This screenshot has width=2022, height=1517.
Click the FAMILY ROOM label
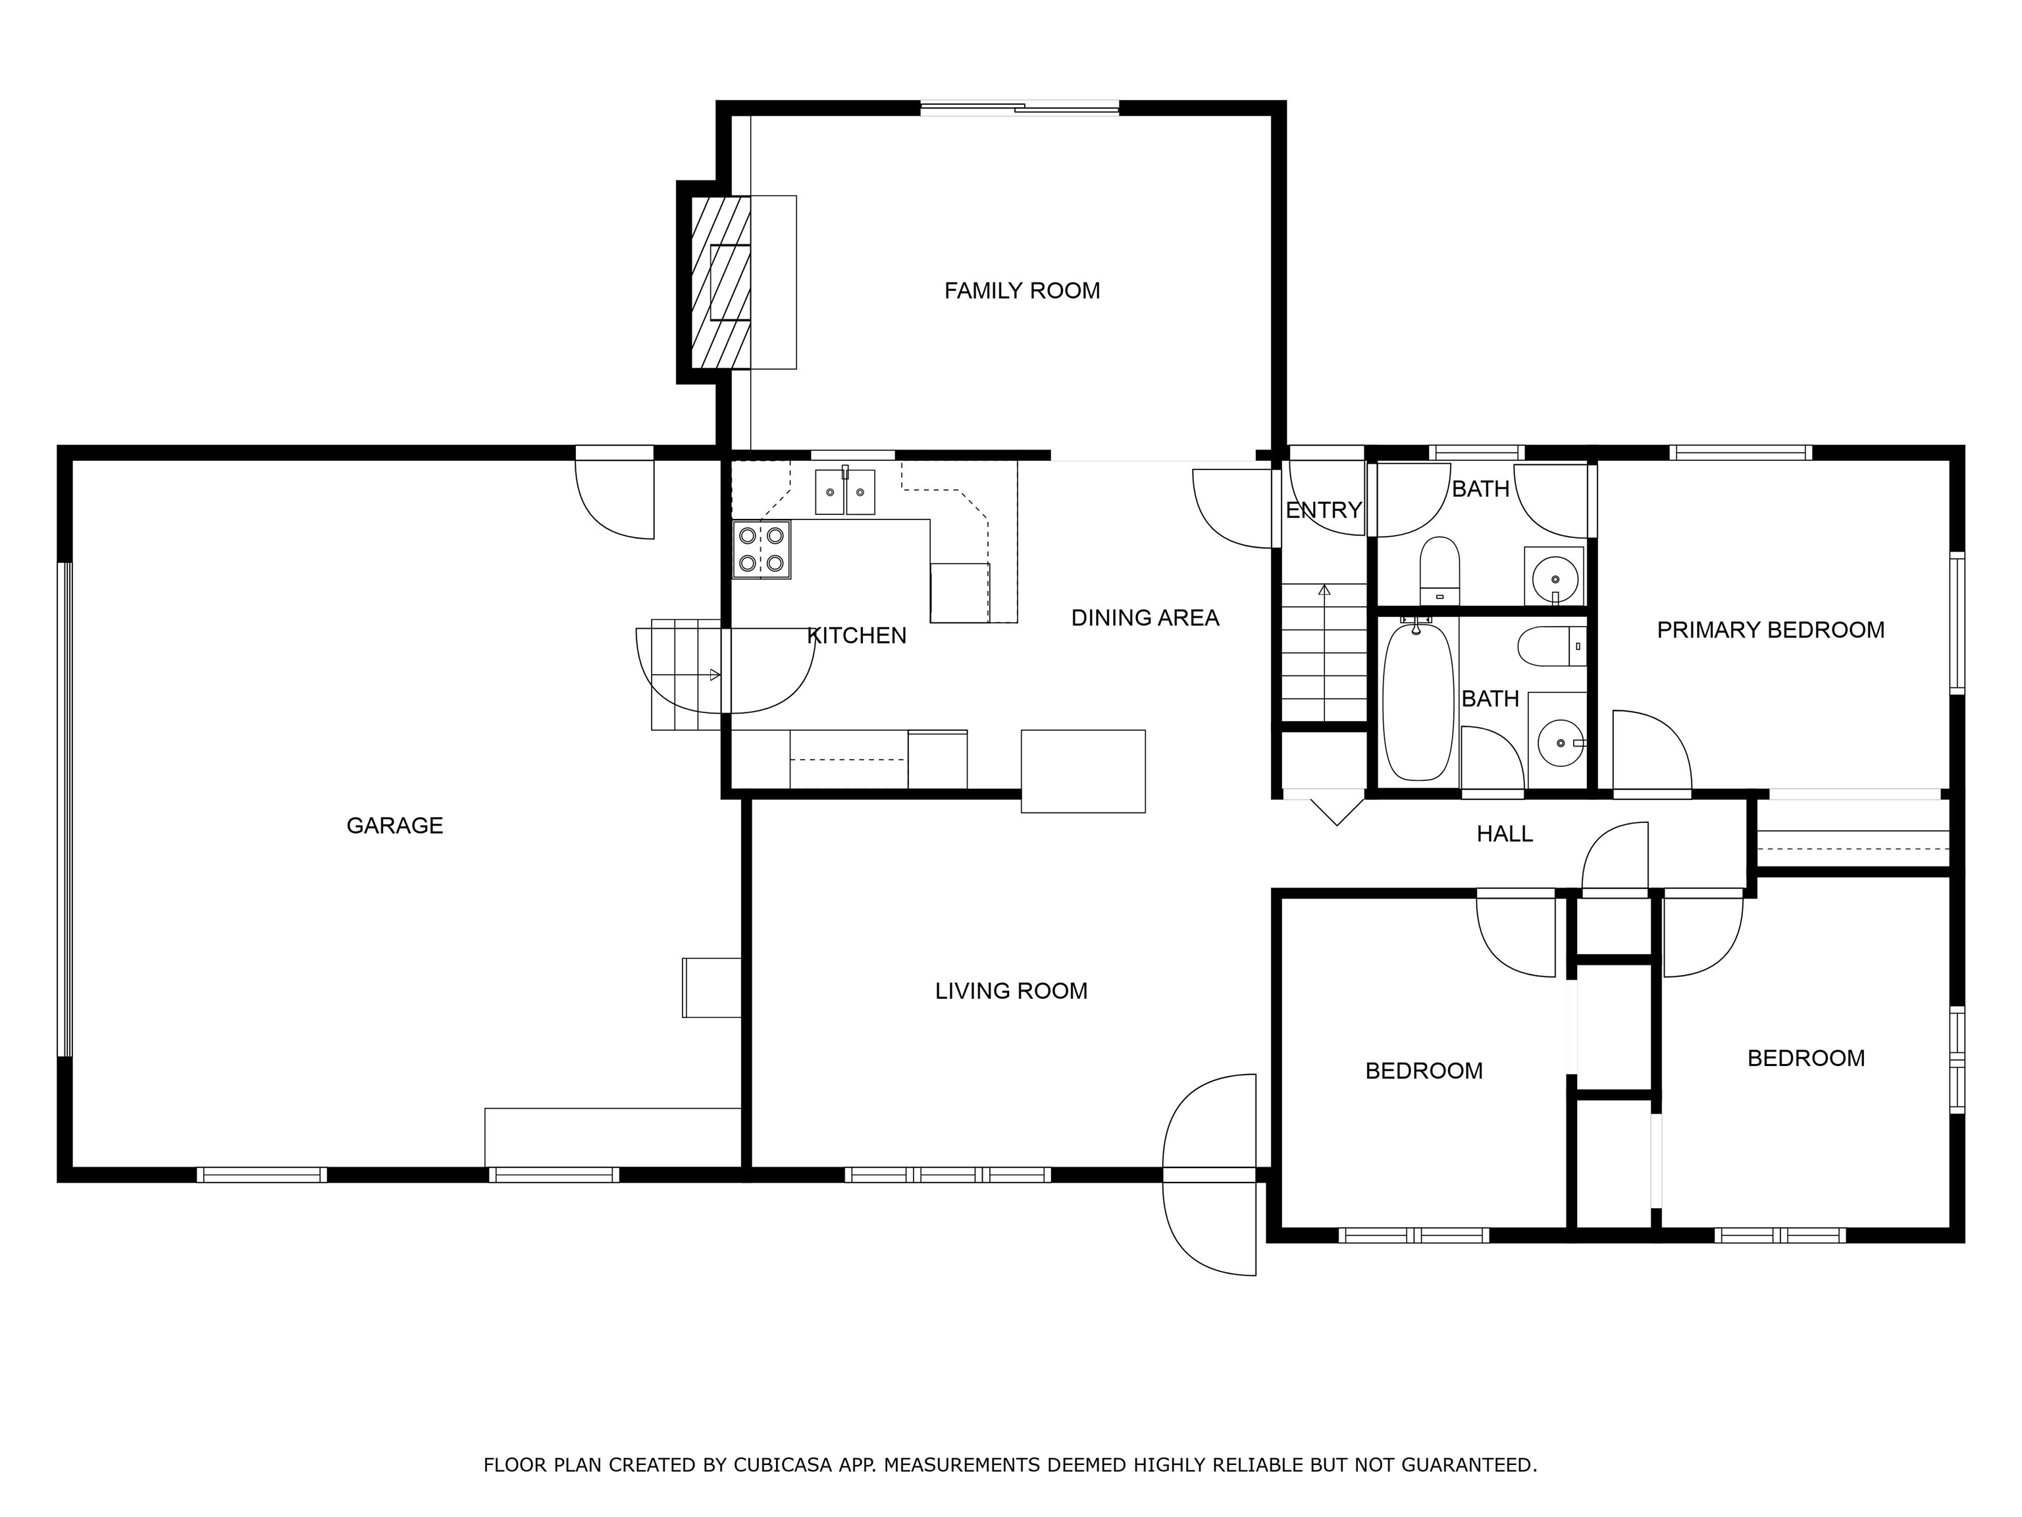tap(1022, 291)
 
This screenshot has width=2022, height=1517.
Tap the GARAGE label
tap(395, 826)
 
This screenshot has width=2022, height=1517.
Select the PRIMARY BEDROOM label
tap(1771, 630)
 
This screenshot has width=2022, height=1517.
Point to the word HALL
tap(1505, 834)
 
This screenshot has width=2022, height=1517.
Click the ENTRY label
tap(1324, 510)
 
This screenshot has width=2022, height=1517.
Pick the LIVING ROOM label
tap(1011, 991)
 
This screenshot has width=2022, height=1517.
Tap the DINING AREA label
tap(1145, 618)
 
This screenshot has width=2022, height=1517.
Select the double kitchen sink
tap(846, 492)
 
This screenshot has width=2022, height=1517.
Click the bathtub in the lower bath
tap(1418, 701)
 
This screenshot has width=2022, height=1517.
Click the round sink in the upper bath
tap(1554, 577)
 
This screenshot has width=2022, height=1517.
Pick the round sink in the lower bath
tap(1561, 743)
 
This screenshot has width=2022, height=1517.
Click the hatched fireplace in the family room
tap(720, 282)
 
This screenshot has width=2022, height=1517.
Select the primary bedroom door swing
tap(1652, 750)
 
